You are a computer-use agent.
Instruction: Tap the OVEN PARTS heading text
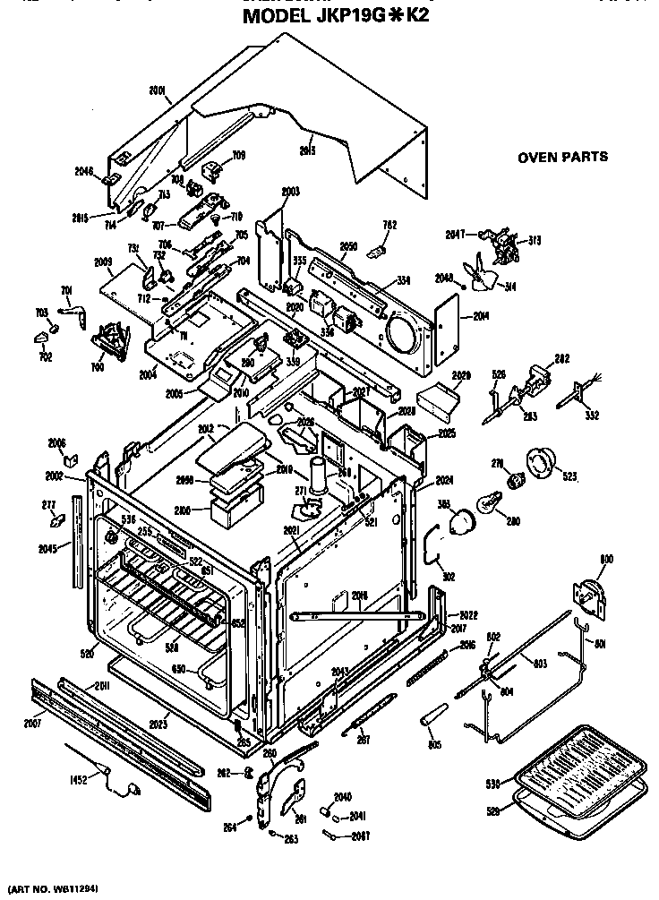tap(562, 157)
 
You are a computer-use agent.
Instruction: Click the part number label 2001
tap(158, 90)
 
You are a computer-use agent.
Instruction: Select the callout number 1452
tap(78, 779)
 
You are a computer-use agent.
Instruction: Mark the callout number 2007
tap(33, 722)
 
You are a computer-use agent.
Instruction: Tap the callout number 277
tap(50, 506)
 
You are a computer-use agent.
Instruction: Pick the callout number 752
tap(389, 225)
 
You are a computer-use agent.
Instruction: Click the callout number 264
tap(229, 827)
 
